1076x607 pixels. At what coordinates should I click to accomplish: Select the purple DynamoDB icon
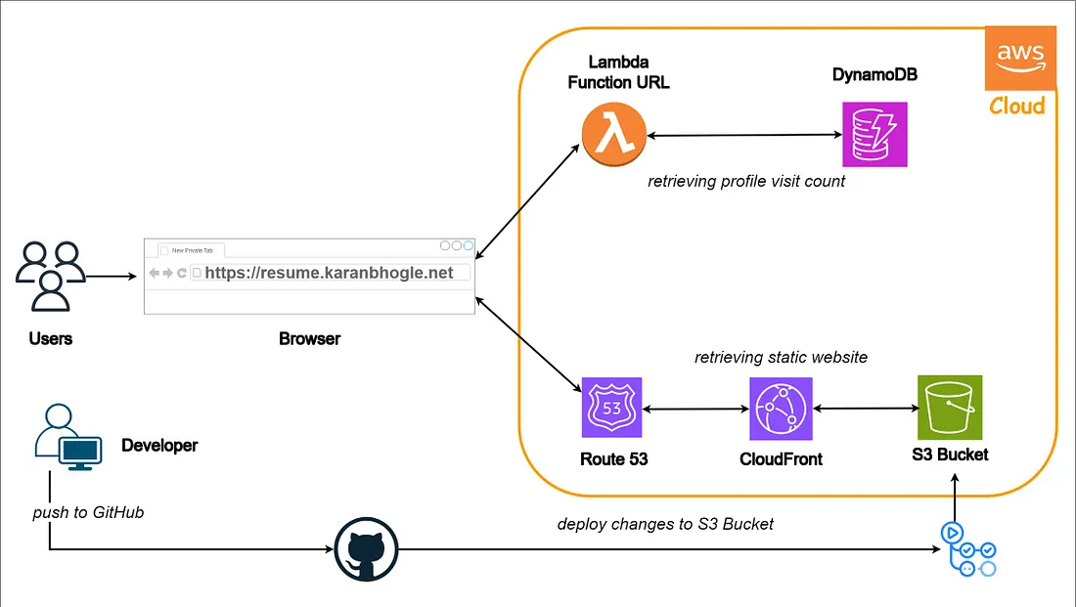[874, 135]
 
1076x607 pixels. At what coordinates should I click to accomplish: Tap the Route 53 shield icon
[611, 410]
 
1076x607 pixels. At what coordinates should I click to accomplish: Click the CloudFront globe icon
[781, 410]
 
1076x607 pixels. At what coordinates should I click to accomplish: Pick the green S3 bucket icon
[949, 408]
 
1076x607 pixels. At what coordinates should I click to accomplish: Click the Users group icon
[50, 275]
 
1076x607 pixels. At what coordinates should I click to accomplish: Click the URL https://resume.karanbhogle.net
[329, 273]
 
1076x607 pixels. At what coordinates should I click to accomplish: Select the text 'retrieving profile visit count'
[745, 181]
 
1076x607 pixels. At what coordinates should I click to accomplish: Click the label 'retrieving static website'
[781, 358]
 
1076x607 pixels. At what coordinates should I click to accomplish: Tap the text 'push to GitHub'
[88, 512]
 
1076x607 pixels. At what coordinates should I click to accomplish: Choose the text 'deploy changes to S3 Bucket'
[665, 524]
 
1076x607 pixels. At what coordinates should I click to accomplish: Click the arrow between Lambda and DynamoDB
[744, 137]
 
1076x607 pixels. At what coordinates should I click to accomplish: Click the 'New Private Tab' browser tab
[191, 250]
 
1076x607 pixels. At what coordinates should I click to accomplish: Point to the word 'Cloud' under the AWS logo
[1016, 106]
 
